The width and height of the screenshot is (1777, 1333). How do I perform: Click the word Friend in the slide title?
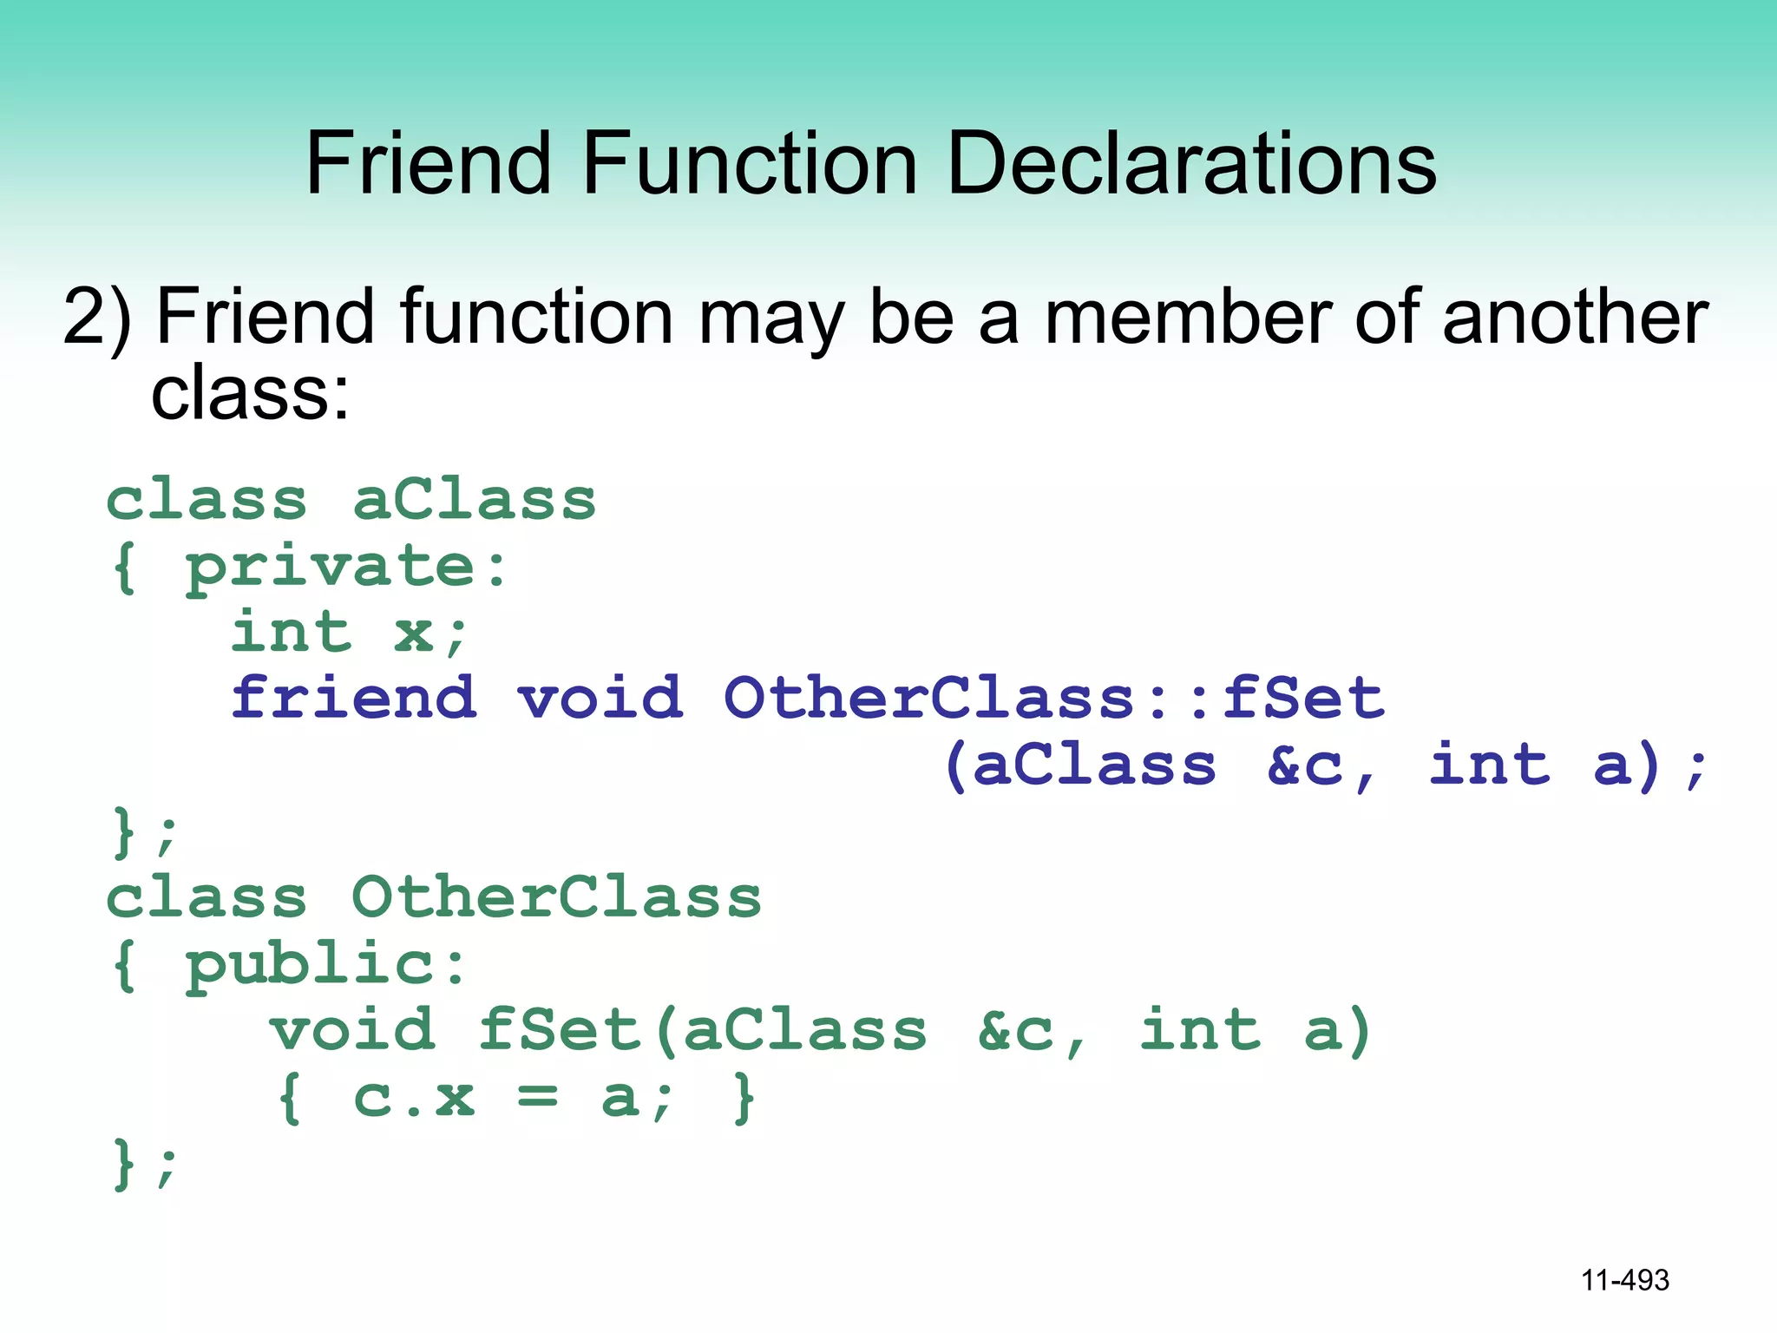pos(429,162)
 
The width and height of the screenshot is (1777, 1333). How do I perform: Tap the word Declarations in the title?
pos(1191,162)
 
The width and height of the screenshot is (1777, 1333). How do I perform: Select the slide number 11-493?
pos(1624,1280)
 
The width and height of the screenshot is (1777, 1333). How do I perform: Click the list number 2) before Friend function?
pos(97,318)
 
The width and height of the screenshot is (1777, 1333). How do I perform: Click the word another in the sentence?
pos(1575,318)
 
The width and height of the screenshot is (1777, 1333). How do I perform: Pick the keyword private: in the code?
pos(346,568)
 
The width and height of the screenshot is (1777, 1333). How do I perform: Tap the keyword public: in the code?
pos(326,965)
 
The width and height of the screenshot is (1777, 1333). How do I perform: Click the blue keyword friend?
pos(354,698)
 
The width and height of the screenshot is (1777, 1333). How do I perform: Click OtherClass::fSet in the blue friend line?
pos(1054,698)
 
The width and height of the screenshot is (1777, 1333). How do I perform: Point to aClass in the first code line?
pos(475,501)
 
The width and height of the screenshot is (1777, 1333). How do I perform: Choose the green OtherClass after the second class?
pos(556,898)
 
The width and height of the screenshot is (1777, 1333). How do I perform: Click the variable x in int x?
pos(414,634)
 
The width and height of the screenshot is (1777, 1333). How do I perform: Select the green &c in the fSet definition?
pos(1015,1031)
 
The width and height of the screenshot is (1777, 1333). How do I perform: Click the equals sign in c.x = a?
pos(537,1097)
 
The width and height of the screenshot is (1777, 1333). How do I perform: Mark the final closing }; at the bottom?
pos(144,1164)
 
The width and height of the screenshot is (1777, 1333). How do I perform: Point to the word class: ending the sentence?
pos(250,394)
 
